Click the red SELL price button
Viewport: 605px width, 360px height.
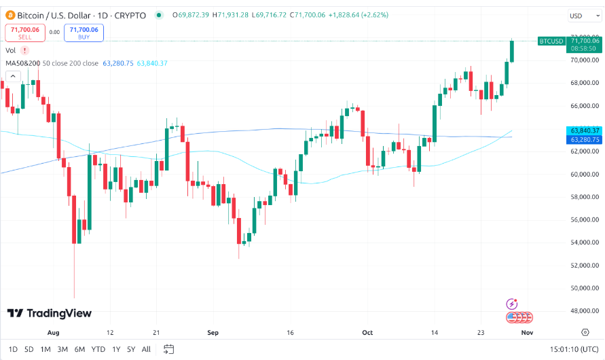pos(24,33)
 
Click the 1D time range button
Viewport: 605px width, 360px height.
pos(13,349)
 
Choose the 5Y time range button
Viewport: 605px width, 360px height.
pos(130,349)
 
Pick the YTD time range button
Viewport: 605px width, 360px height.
pos(98,349)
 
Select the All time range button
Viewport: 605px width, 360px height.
pos(146,349)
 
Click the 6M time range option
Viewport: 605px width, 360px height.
pos(79,349)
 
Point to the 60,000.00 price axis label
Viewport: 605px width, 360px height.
pos(585,175)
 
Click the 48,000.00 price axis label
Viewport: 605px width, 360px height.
pos(585,311)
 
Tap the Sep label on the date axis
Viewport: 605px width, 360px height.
pos(213,333)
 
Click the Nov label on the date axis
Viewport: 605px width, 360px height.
pos(527,333)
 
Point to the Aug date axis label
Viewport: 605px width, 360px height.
pos(54,333)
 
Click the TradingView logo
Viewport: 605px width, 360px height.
pos(49,313)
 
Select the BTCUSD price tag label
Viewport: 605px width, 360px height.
pos(551,41)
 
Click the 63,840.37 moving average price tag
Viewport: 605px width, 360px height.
pos(584,130)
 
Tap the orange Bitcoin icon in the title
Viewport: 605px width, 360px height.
pos(10,14)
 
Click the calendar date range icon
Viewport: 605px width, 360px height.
pos(169,349)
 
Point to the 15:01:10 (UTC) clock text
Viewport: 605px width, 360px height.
pos(574,349)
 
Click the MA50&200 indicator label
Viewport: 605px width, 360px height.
pos(22,63)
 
